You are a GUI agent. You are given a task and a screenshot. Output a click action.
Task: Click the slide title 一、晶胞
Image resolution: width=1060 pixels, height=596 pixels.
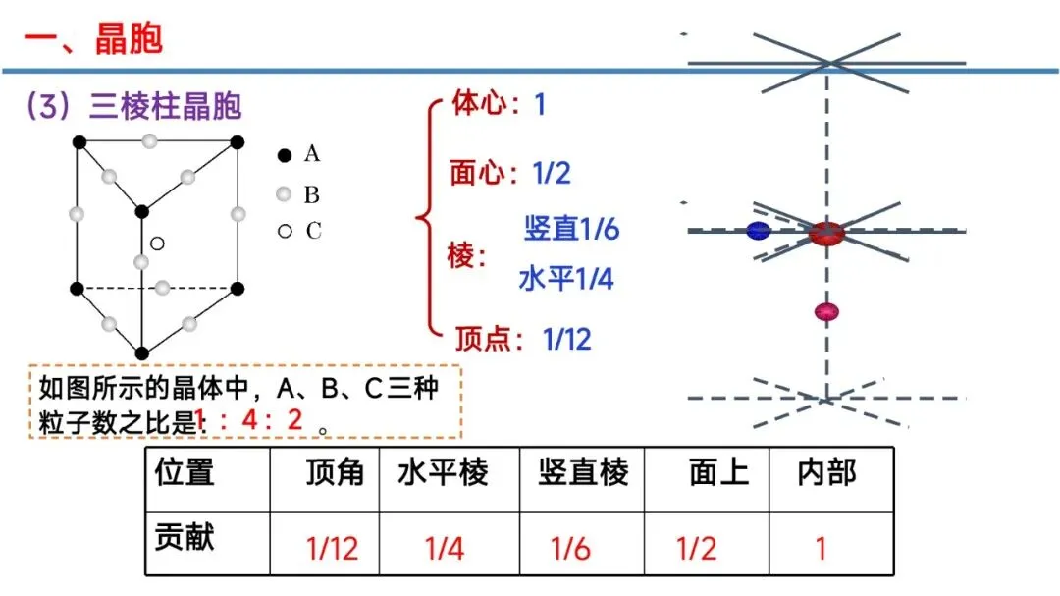click(93, 39)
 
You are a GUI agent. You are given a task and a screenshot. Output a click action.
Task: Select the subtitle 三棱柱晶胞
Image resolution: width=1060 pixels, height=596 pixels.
click(165, 106)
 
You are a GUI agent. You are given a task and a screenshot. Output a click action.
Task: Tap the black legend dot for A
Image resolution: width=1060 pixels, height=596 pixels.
click(284, 154)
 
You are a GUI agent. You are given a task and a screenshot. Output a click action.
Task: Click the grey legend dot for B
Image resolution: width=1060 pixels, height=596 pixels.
click(284, 194)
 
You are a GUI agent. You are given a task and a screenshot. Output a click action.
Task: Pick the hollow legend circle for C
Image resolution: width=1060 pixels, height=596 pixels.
click(284, 232)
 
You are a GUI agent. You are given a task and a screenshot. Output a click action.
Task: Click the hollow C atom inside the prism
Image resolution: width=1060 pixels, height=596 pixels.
click(157, 243)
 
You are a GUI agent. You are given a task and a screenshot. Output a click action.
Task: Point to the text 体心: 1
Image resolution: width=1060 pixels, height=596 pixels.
click(498, 103)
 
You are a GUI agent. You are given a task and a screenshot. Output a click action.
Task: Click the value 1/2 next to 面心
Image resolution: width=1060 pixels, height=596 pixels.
click(552, 174)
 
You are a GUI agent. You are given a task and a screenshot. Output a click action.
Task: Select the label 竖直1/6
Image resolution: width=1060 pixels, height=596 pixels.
click(571, 230)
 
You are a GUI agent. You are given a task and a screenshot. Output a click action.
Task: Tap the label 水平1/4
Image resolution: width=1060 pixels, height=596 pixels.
click(566, 279)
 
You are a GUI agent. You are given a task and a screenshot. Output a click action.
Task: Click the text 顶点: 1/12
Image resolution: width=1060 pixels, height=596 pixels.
click(523, 340)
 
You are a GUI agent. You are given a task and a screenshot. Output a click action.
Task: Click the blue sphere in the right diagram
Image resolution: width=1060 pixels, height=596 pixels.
click(758, 232)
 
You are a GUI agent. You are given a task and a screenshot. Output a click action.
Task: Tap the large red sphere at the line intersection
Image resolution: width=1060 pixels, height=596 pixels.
click(826, 233)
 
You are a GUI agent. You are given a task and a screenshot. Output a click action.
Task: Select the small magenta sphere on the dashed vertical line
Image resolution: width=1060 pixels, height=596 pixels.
click(826, 312)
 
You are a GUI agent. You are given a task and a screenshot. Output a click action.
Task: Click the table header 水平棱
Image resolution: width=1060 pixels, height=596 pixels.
click(443, 473)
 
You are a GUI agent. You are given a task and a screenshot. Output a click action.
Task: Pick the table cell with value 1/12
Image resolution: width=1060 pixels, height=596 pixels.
click(333, 547)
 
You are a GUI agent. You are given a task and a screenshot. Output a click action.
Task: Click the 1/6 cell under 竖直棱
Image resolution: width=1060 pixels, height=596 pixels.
click(570, 547)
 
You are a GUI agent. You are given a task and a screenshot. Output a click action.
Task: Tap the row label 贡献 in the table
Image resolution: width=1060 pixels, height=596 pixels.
click(185, 537)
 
